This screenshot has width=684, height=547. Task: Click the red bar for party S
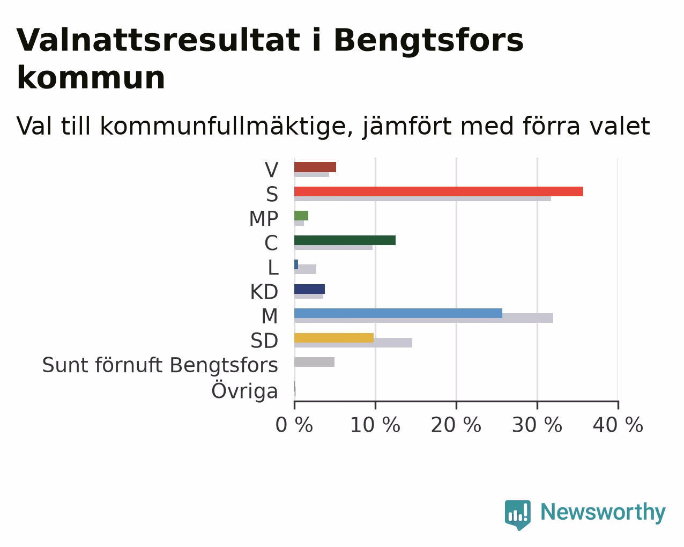pyautogui.click(x=438, y=191)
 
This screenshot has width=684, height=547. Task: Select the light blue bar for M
pyautogui.click(x=398, y=313)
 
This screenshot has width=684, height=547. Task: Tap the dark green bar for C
pyautogui.click(x=345, y=240)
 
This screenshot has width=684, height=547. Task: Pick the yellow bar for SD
pyautogui.click(x=334, y=338)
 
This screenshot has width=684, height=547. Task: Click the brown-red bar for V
pyautogui.click(x=315, y=167)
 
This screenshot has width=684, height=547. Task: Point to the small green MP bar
pyautogui.click(x=301, y=216)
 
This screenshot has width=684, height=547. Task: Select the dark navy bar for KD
pyautogui.click(x=310, y=289)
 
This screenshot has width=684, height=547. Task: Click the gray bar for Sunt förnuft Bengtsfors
pyautogui.click(x=314, y=362)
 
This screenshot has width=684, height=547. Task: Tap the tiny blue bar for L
pyautogui.click(x=296, y=264)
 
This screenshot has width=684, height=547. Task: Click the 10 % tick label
pyautogui.click(x=375, y=425)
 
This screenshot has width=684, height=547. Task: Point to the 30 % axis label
pyautogui.click(x=537, y=425)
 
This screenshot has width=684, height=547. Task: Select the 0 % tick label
pyautogui.click(x=294, y=425)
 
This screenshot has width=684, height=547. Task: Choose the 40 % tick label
pyautogui.click(x=618, y=425)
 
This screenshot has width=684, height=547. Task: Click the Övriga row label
pyautogui.click(x=245, y=390)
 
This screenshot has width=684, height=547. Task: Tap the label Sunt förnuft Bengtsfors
pyautogui.click(x=160, y=365)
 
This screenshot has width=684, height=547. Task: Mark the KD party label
pyautogui.click(x=264, y=292)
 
